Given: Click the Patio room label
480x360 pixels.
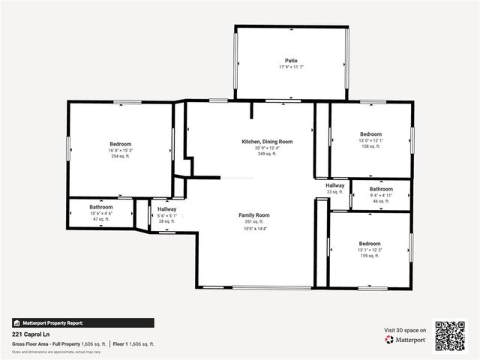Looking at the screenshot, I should [291, 61].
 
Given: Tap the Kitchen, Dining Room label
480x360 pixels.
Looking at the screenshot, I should [267, 141].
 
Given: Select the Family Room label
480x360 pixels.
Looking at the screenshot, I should [253, 215].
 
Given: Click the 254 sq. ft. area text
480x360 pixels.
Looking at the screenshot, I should [120, 156].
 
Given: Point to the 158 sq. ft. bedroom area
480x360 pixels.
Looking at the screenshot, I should [370, 146].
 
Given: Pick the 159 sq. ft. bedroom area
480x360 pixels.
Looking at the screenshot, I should [370, 256].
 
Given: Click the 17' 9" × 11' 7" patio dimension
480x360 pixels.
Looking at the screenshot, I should [291, 67].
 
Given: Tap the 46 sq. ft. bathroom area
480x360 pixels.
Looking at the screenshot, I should [381, 201].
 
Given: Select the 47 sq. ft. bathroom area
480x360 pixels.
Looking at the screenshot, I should [101, 219].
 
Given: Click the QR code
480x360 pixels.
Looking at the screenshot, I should [450, 335].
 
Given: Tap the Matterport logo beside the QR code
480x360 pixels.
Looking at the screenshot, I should [406, 340].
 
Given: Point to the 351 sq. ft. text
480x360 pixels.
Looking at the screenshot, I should [253, 221].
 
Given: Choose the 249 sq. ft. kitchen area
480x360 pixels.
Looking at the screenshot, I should [267, 153].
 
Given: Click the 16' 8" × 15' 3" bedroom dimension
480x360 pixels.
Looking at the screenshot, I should [120, 150].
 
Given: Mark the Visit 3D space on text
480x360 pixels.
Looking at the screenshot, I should [405, 330].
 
